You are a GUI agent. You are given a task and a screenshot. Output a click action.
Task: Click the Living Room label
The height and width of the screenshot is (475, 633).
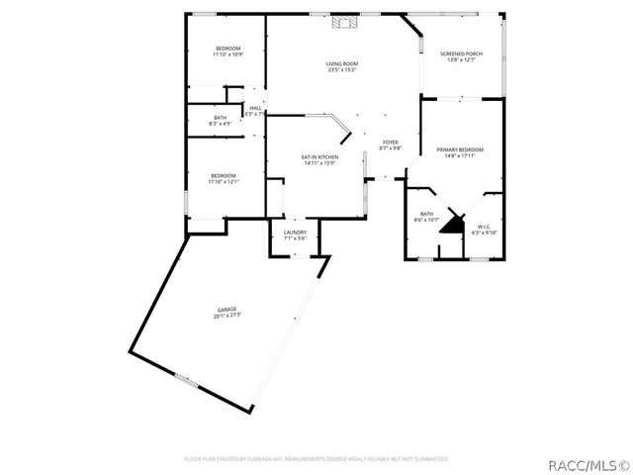[x=342, y=64]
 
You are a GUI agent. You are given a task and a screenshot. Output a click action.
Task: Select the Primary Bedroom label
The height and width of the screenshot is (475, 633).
[x=463, y=149]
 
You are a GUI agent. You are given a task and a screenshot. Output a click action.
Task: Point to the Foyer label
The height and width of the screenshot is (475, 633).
[x=392, y=142]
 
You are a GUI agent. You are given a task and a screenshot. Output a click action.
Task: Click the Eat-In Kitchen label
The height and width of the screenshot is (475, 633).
[x=320, y=157]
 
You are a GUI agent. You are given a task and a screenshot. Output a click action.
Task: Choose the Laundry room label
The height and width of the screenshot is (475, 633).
[x=295, y=233]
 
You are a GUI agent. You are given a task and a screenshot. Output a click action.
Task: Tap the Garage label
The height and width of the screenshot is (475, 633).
[x=227, y=309]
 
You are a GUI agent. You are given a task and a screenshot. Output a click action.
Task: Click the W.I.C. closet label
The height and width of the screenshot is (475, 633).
[x=485, y=227]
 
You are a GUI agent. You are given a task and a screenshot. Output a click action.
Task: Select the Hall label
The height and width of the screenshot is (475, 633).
[x=255, y=108]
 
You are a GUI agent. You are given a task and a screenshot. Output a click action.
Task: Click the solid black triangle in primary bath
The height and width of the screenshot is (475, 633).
[x=453, y=223]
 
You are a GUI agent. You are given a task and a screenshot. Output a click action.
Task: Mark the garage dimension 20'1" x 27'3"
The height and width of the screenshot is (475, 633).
[x=227, y=315]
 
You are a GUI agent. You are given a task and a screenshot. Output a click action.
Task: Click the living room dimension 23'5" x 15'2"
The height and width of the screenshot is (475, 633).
[x=342, y=70]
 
